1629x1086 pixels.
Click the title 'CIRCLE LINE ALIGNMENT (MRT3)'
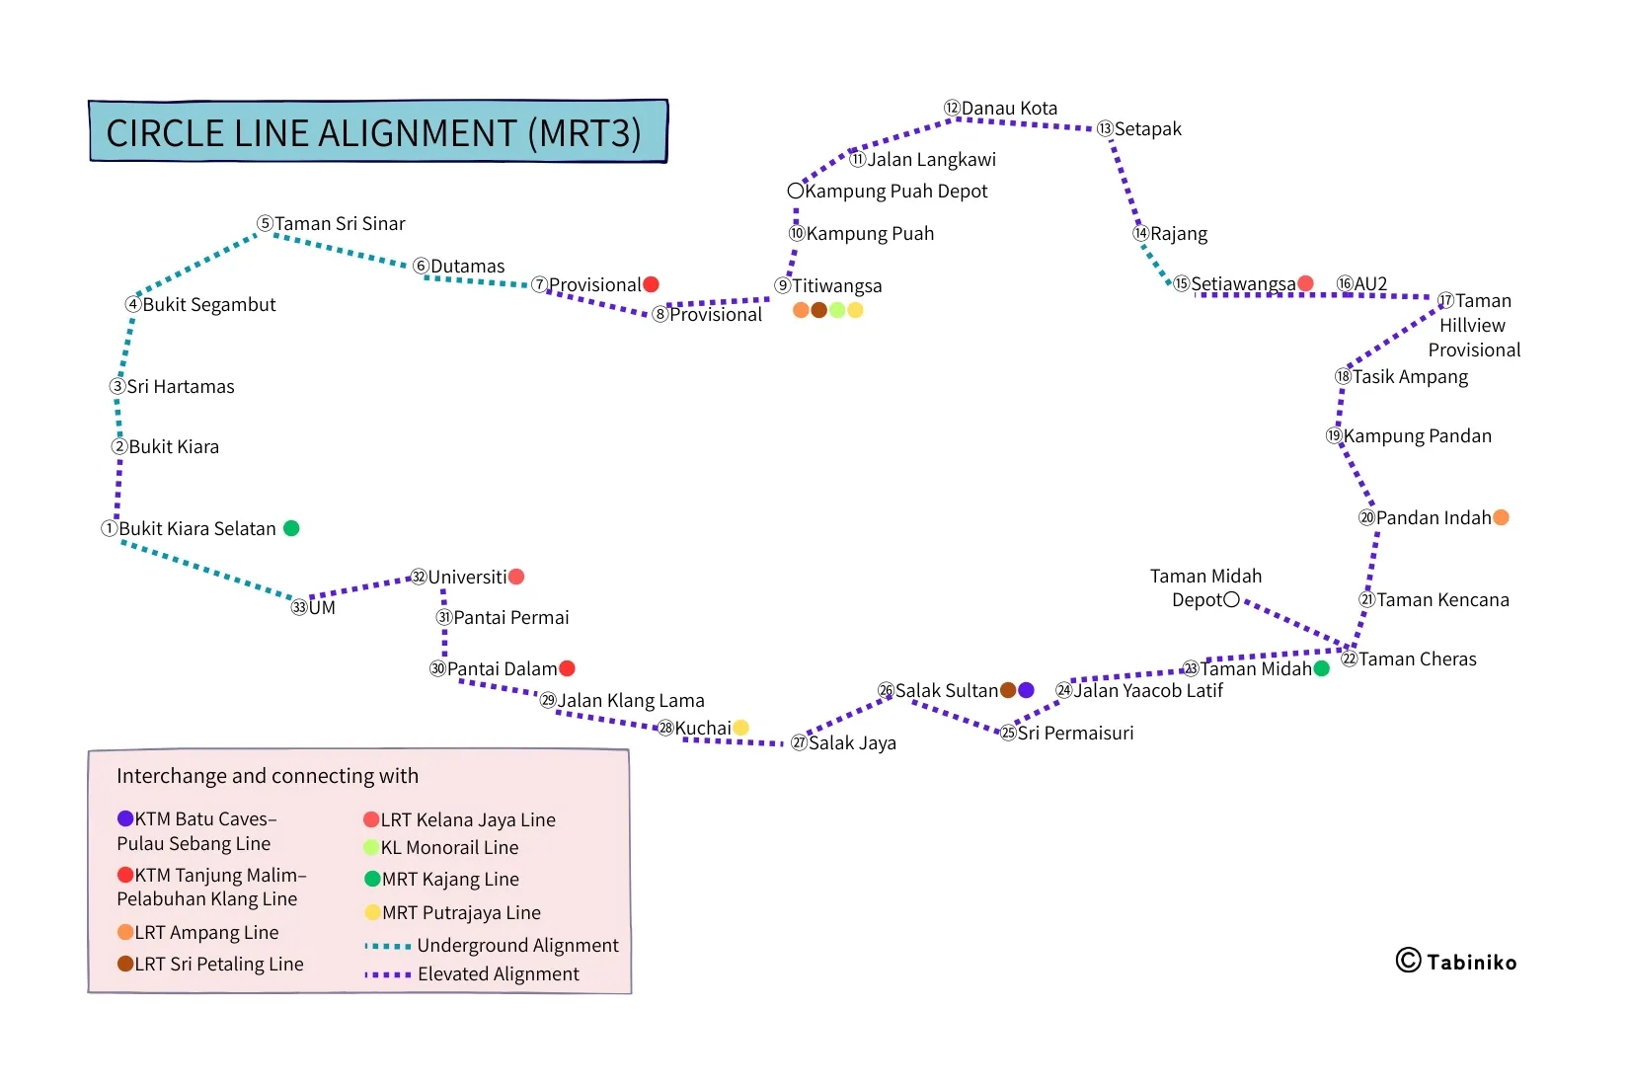(x=374, y=133)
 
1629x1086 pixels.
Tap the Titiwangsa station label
(x=836, y=286)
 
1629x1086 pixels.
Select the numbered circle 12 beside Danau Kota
(x=952, y=108)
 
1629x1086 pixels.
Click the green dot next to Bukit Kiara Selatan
(x=291, y=528)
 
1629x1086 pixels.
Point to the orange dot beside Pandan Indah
(x=1501, y=517)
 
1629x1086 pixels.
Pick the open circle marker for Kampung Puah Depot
(x=796, y=191)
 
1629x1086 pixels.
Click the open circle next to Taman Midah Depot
(x=1231, y=599)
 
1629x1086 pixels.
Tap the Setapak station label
(x=1147, y=129)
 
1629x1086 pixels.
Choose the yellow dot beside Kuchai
(x=740, y=728)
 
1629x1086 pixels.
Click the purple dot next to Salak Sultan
(x=1026, y=690)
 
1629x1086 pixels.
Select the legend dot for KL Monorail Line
(x=371, y=847)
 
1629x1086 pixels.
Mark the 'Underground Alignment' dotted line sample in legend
(x=388, y=946)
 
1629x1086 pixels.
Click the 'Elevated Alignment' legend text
(x=499, y=974)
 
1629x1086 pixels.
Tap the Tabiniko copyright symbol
(x=1408, y=961)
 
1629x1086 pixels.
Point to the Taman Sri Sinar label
(x=340, y=224)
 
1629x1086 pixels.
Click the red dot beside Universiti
(x=516, y=577)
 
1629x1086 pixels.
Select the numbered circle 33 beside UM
(x=299, y=607)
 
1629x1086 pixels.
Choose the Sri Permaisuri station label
(x=1075, y=734)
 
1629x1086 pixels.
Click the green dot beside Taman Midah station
(x=1322, y=668)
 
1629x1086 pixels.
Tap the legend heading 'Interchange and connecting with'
(x=268, y=776)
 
